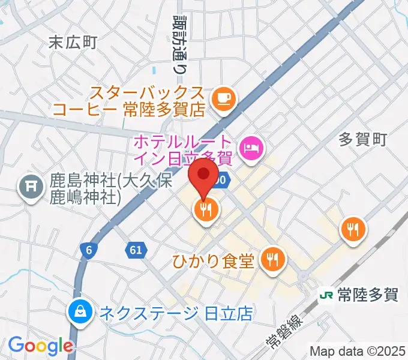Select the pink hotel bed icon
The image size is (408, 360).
250,146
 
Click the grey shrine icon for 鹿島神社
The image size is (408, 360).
29,188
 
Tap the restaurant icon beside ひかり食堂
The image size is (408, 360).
274,260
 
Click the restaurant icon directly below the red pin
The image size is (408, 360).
205,210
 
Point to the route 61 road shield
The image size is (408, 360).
136,249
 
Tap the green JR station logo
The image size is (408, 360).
326,295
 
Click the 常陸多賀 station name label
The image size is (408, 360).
367,295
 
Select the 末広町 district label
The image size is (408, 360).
73,42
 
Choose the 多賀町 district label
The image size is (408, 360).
363,140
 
